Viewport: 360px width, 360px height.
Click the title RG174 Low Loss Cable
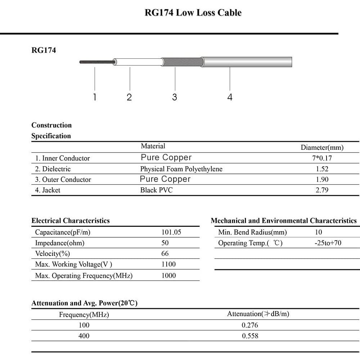pos(193,13)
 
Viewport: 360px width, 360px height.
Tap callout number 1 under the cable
pos(95,97)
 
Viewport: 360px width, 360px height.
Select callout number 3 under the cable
pos(175,97)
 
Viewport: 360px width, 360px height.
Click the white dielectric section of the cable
pos(139,62)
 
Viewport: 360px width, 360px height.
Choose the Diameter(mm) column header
pos(322,147)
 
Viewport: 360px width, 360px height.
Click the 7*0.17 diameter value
pos(322,158)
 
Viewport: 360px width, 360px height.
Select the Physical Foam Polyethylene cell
pos(181,169)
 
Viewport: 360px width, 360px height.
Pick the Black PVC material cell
pos(156,190)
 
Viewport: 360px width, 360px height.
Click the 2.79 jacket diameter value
pos(322,190)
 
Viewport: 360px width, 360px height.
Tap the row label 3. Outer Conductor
pos(63,179)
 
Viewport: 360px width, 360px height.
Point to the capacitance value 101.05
pos(171,232)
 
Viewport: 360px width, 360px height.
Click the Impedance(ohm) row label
pos(59,243)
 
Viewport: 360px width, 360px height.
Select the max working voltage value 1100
pos(168,264)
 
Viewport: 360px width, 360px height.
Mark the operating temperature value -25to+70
pos(328,243)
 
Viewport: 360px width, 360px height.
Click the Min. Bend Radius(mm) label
pos(252,232)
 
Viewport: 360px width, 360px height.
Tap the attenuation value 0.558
pos(250,336)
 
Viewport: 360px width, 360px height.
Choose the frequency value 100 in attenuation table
pos(84,325)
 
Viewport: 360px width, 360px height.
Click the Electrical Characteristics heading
pos(71,221)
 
